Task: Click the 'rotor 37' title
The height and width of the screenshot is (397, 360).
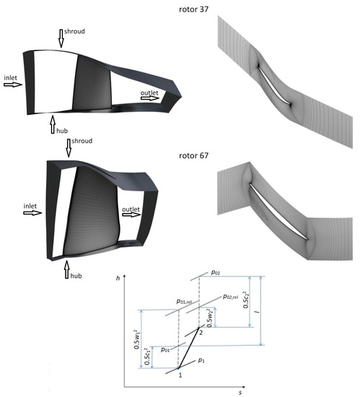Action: tap(193, 9)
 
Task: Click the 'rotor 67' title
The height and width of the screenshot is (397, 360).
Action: tap(193, 155)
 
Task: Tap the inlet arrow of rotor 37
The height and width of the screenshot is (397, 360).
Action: tap(13, 84)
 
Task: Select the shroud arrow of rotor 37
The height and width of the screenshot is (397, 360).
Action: tap(61, 38)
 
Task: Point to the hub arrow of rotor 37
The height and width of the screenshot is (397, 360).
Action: tap(53, 125)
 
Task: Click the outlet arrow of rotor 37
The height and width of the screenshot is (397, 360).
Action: tap(150, 98)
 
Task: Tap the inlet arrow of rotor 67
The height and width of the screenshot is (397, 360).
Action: tap(32, 213)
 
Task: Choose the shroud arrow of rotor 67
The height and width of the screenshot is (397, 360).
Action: tap(69, 148)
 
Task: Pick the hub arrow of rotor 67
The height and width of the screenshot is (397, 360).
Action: tap(67, 270)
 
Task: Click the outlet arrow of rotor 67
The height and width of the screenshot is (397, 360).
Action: tap(131, 214)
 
